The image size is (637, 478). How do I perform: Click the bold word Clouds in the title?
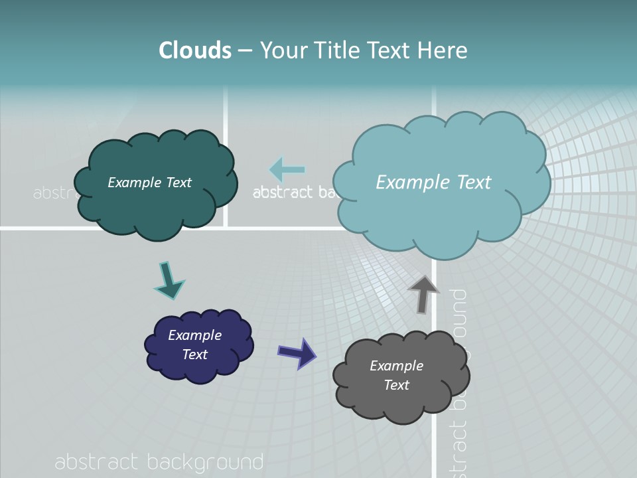click(195, 50)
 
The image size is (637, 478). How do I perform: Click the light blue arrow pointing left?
click(287, 169)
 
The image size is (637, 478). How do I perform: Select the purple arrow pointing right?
click(297, 353)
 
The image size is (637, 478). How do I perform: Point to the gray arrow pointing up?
click(423, 293)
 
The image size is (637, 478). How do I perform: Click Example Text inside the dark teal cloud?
click(149, 183)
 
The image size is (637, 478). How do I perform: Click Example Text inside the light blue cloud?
click(433, 182)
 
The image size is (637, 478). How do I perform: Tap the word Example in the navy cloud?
click(194, 335)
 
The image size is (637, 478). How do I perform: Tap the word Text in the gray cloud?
click(396, 385)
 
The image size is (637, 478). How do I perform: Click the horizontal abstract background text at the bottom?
click(159, 462)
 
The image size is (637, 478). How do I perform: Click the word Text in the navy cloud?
click(194, 355)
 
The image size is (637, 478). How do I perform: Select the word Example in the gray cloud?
click(396, 366)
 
